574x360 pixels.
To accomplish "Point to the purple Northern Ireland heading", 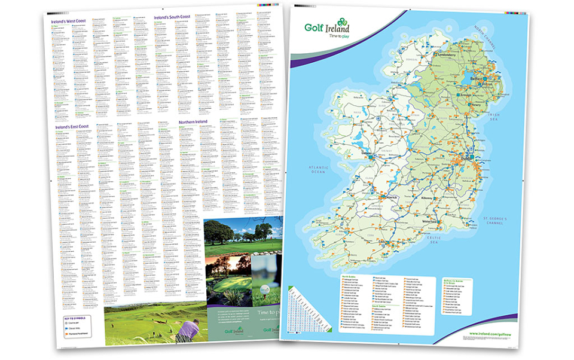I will pyautogui.click(x=193, y=121).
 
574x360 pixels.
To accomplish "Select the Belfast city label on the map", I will pyautogui.click(x=476, y=78).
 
